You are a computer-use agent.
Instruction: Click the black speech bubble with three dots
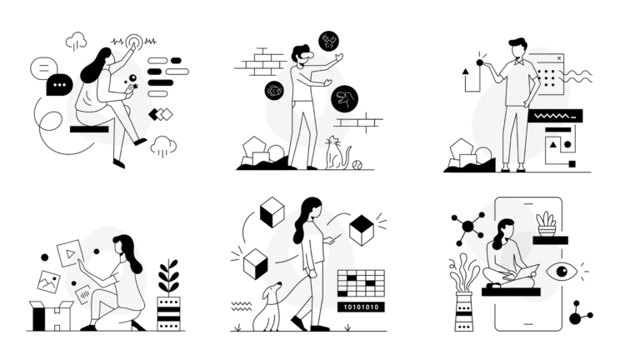[60, 85]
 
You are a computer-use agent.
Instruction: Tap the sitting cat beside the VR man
[337, 153]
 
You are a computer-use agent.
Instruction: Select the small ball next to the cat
[357, 164]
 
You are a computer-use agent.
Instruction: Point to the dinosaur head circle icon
[344, 99]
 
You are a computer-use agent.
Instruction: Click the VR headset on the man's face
[304, 55]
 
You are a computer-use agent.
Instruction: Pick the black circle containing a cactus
[328, 41]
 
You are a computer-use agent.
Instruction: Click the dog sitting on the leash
[267, 307]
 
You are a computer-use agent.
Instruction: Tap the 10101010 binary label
[361, 307]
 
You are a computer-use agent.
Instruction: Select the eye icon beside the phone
[562, 272]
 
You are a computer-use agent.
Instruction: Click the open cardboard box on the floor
[52, 316]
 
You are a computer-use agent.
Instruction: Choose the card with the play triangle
[70, 253]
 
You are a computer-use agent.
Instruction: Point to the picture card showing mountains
[49, 282]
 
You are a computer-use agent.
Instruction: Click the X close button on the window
[559, 58]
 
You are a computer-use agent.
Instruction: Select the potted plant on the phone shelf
[547, 224]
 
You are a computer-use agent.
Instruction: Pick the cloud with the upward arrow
[76, 41]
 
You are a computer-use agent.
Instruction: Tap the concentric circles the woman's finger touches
[134, 42]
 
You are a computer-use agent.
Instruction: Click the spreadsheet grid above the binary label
[361, 282]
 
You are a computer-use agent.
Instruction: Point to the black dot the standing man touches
[480, 62]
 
